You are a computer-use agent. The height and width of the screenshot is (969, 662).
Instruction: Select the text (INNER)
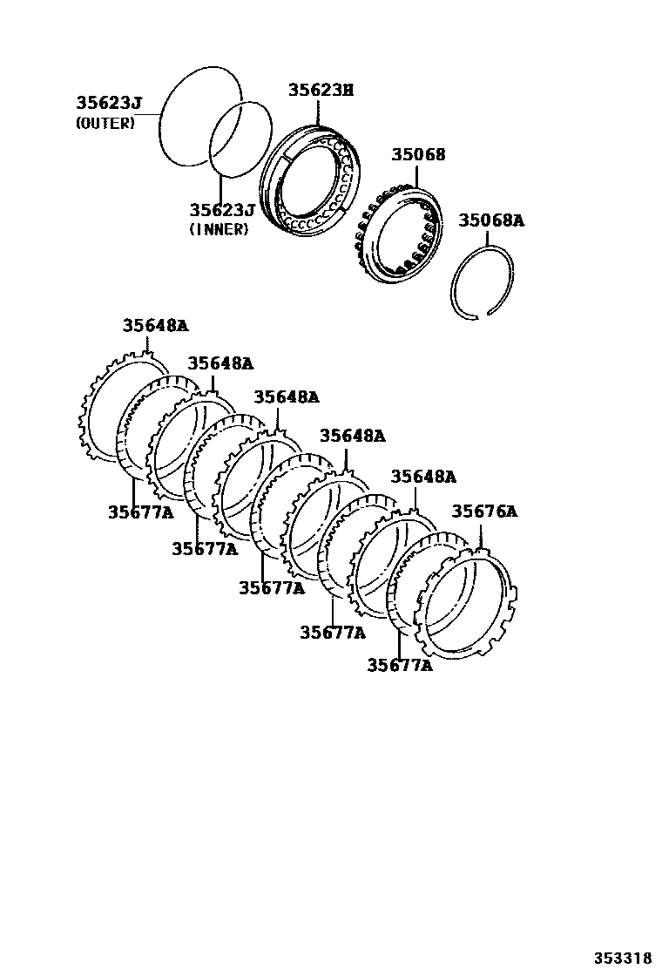click(x=219, y=229)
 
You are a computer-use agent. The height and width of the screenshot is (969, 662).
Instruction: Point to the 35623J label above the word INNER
click(x=222, y=210)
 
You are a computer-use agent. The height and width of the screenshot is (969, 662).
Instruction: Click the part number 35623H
click(x=321, y=90)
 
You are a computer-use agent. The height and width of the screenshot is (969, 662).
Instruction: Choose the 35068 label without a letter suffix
click(x=417, y=154)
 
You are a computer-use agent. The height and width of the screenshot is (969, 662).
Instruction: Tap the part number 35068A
click(x=491, y=220)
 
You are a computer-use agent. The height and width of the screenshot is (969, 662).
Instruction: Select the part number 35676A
click(x=483, y=512)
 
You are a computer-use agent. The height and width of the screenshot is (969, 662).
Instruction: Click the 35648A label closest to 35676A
click(x=422, y=477)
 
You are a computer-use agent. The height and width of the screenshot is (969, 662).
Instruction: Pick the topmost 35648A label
click(x=154, y=326)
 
